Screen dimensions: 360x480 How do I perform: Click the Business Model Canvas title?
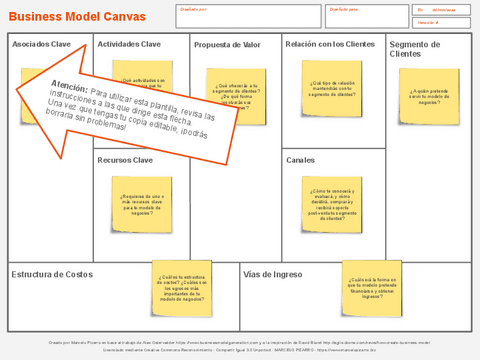click(77, 16)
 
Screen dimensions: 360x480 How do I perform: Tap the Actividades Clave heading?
click(129, 45)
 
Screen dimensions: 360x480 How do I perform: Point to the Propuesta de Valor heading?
click(226, 45)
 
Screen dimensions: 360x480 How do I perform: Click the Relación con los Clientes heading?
click(329, 44)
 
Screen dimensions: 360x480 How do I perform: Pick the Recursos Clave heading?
click(125, 160)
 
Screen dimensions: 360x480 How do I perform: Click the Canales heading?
click(300, 160)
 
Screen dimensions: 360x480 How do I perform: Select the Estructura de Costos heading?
click(52, 274)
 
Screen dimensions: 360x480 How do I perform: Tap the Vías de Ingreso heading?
click(273, 274)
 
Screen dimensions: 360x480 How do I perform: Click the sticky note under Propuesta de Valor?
click(236, 96)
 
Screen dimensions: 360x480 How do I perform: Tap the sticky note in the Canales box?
click(333, 204)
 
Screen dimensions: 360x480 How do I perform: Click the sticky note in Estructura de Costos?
click(182, 287)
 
